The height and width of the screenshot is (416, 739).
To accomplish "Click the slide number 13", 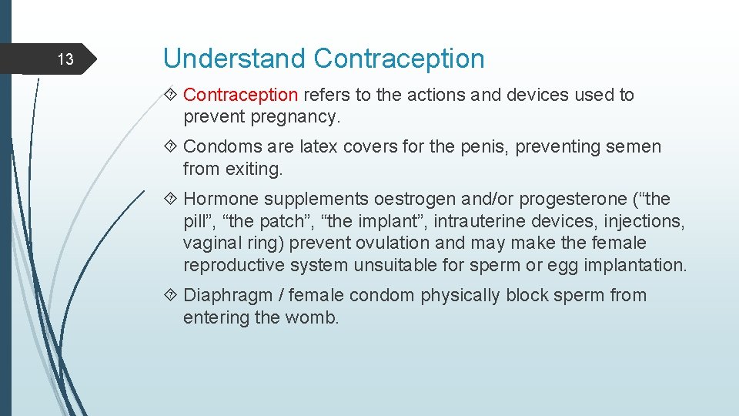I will [x=66, y=59].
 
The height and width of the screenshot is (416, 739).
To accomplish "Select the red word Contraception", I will [x=240, y=96].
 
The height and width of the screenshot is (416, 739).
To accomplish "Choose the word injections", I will [x=644, y=222].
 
